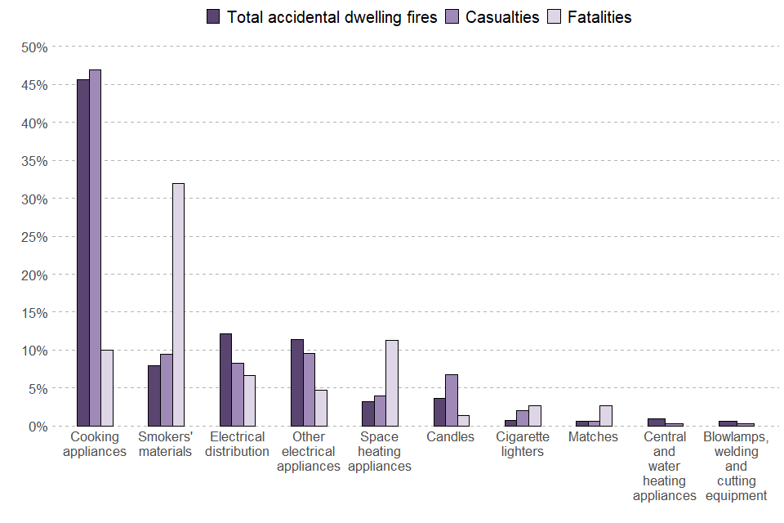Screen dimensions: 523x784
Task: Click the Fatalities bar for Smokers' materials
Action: (x=178, y=304)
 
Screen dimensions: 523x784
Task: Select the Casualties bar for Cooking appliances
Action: (x=95, y=248)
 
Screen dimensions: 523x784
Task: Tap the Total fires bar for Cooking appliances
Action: (x=83, y=253)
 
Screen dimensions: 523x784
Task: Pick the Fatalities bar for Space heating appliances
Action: (x=392, y=382)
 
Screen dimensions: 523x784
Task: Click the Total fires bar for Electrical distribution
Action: (x=225, y=379)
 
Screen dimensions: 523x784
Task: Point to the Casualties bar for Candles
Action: (x=452, y=400)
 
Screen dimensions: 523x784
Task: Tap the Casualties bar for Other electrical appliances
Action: (x=309, y=389)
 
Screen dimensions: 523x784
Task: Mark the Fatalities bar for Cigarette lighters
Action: (x=535, y=416)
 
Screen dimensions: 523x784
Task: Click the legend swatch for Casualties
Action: (x=452, y=17)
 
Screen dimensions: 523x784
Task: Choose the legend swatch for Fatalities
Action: (x=553, y=17)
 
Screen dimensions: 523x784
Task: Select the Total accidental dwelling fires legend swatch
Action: (x=214, y=17)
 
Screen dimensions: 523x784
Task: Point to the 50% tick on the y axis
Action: (x=33, y=47)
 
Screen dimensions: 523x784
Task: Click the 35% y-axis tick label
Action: (x=33, y=161)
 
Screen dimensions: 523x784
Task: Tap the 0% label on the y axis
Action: (x=37, y=426)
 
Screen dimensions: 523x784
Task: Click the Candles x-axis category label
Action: (x=451, y=437)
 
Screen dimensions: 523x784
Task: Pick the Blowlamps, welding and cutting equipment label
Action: (x=736, y=466)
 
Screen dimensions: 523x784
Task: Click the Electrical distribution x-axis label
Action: (x=238, y=444)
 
